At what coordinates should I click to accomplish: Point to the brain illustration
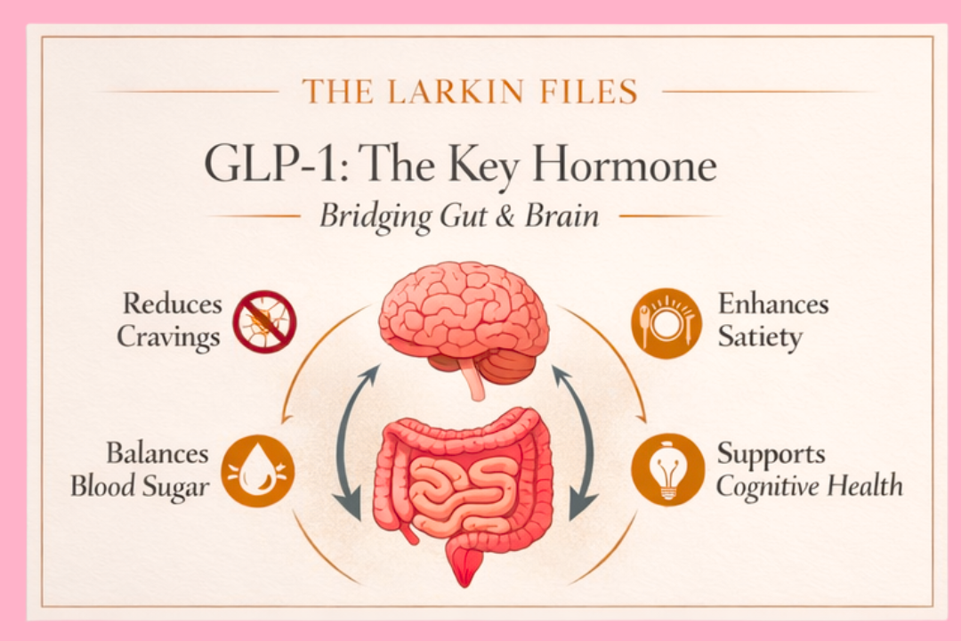click(x=463, y=312)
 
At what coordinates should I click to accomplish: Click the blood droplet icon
click(x=258, y=469)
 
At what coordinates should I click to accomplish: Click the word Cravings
click(x=168, y=337)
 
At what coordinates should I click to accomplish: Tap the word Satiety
click(x=760, y=337)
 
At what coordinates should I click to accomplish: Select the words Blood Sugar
click(x=140, y=486)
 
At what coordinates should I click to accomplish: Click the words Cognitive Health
click(x=810, y=486)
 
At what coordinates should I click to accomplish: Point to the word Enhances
click(x=773, y=304)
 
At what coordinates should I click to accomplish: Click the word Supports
click(x=771, y=453)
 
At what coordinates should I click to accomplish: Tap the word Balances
click(x=157, y=453)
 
